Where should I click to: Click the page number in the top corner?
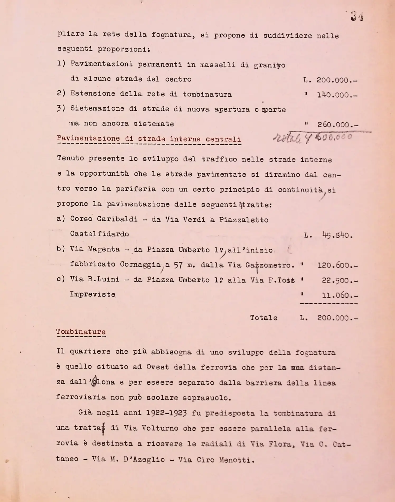[x=357, y=17]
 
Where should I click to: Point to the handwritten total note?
[x=313, y=138]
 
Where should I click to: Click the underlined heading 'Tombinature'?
[x=81, y=332]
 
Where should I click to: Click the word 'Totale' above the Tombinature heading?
[x=264, y=318]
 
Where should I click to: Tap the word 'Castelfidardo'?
[x=100, y=234]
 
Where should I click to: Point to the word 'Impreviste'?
[x=92, y=294]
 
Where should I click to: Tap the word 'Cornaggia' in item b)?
[x=140, y=264]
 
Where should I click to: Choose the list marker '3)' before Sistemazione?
[x=61, y=108]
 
